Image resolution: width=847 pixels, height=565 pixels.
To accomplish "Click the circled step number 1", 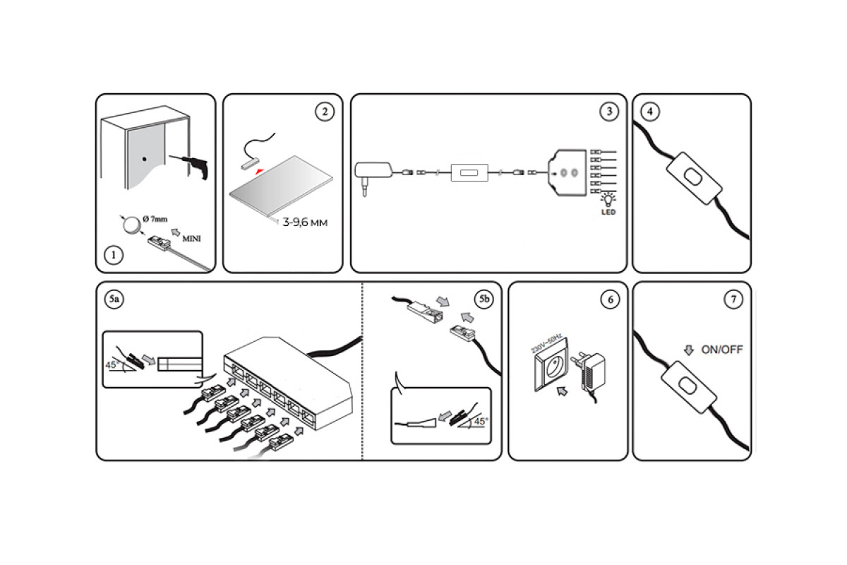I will pos(112,255).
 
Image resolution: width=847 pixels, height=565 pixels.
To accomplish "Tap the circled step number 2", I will pos(324,112).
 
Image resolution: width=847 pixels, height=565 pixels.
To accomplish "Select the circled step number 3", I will pos(608,112).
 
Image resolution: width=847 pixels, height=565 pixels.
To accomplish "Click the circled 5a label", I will pos(114,299).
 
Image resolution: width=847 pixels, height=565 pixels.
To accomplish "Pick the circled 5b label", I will pos(483,299).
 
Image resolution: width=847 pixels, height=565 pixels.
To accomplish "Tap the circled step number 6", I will pos(609,299).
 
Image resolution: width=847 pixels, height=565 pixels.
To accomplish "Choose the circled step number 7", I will pos(733,299).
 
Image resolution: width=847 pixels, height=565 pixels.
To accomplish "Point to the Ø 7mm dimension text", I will pos(155,220).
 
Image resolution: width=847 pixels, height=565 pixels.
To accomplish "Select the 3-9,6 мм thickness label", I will pos(306,222).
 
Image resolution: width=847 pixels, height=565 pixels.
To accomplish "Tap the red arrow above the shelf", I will pos(260,171).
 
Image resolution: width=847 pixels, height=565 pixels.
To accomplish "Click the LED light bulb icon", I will pos(606,201).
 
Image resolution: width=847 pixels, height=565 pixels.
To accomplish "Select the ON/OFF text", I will pos(721,350).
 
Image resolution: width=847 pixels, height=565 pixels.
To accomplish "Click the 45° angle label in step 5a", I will pos(111,367).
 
